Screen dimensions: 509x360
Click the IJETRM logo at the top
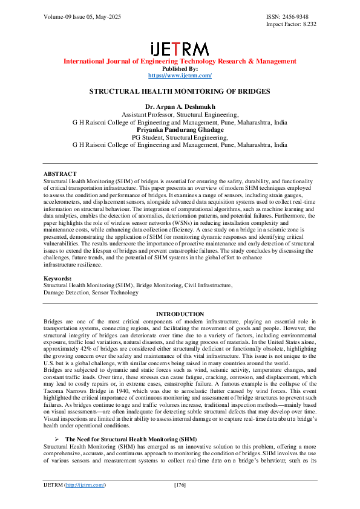click(180, 48)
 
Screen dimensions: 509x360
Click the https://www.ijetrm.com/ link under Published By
click(180, 76)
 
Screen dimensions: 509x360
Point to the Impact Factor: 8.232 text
click(291, 24)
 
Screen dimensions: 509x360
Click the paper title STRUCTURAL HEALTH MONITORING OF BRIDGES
click(180, 92)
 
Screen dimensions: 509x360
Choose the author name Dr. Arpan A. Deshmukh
click(180, 106)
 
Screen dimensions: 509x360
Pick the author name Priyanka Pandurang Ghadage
click(180, 129)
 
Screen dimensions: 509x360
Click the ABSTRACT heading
click(61, 174)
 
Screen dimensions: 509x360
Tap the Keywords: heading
click(59, 278)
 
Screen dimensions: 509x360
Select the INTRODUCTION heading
click(180, 314)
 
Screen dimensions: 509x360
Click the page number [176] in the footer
click(180, 485)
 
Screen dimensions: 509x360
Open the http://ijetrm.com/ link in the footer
click(84, 485)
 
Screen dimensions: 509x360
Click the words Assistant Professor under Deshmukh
click(148, 114)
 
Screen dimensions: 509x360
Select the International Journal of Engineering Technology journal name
click(180, 61)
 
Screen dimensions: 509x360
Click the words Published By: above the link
click(180, 68)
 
